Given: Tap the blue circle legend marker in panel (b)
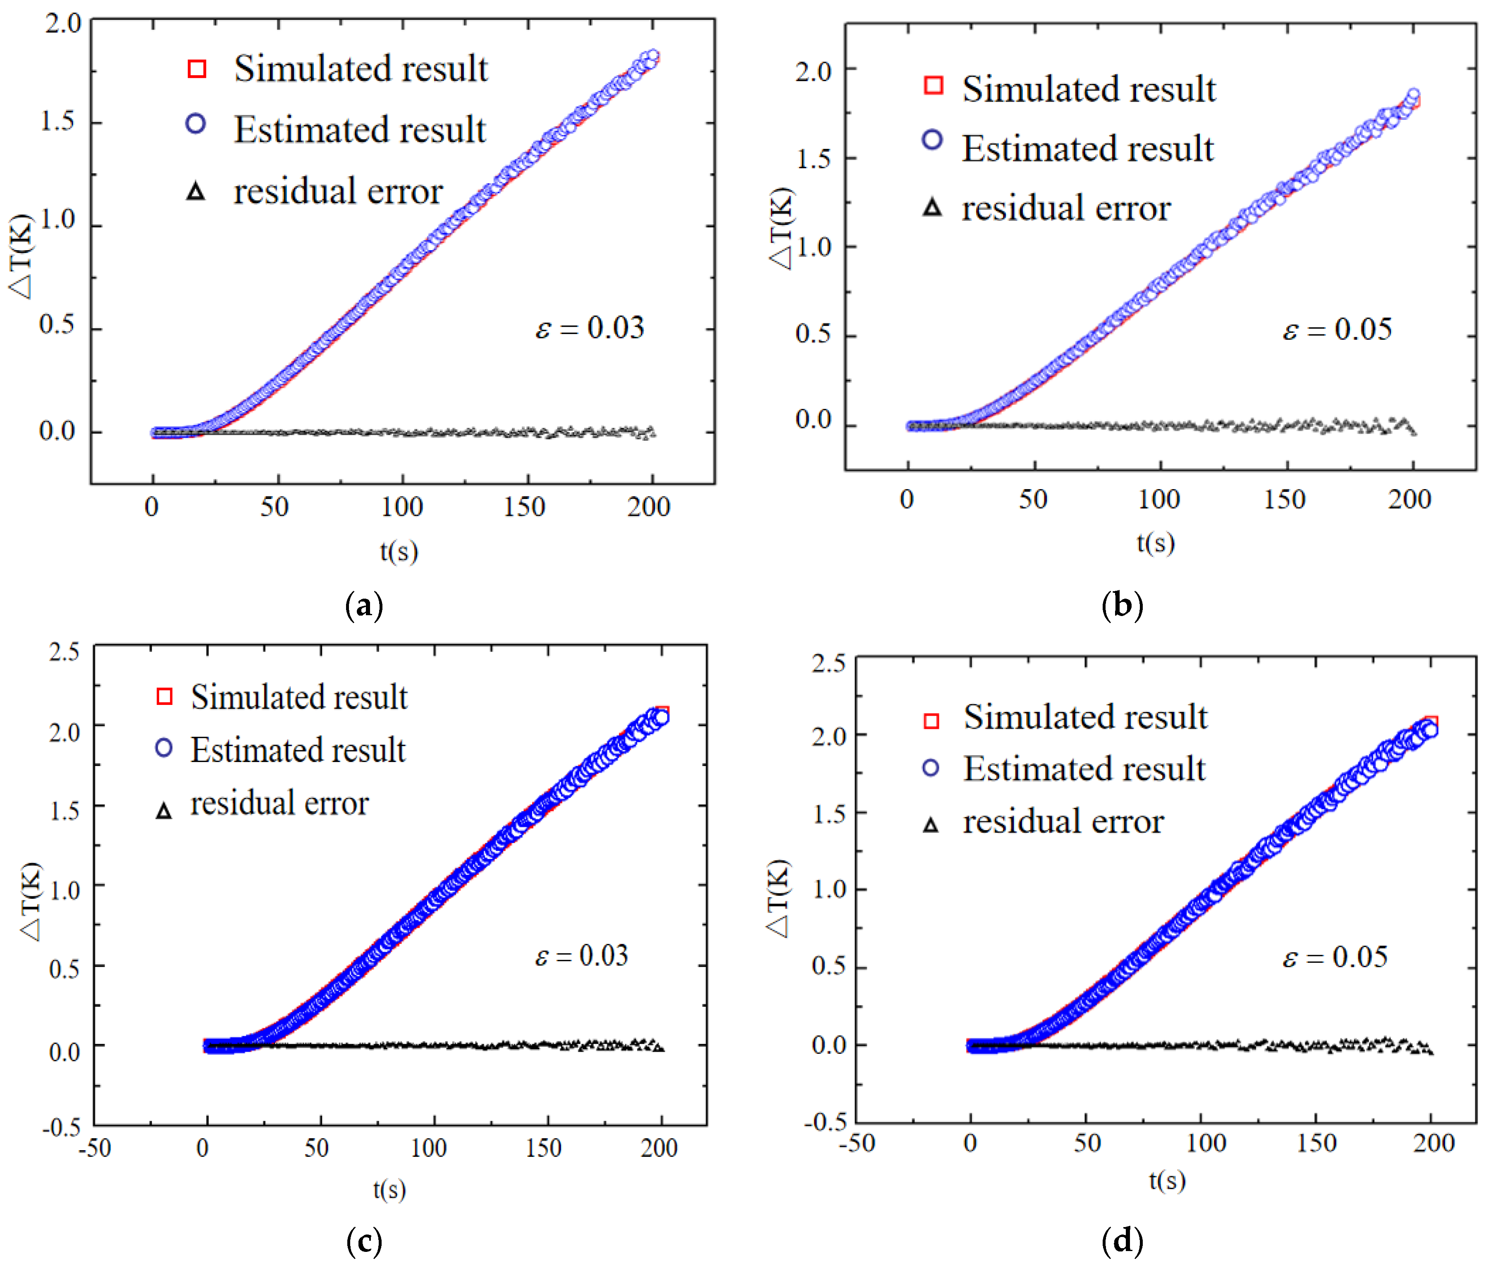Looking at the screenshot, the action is pos(932,139).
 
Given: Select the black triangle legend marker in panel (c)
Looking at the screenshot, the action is pos(164,811).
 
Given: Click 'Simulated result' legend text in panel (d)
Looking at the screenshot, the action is pos(1085,716).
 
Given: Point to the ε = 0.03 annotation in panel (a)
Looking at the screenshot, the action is pos(590,327).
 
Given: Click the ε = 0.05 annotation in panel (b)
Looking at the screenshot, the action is pos(1337,329).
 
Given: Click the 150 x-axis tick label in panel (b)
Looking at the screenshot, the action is pos(1284,499).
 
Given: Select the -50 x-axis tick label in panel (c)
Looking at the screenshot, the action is pos(95,1147).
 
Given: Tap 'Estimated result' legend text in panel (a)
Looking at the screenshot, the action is pos(360,129).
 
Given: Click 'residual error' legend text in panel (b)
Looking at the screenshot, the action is pos(1066,208).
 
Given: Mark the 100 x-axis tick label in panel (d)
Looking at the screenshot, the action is pos(1206,1142).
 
